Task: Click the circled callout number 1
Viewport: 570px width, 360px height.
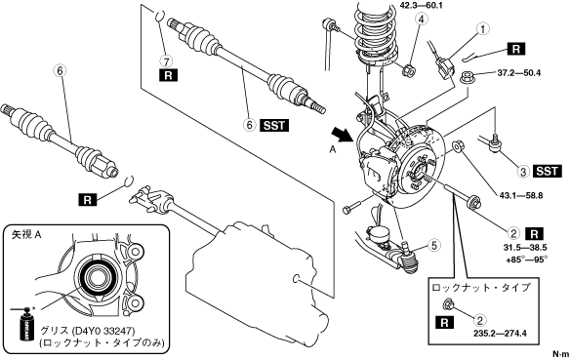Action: [483, 29]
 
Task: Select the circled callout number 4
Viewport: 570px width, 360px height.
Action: [421, 19]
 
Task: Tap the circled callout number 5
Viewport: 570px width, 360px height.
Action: [434, 246]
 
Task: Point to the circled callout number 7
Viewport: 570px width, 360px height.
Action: [168, 61]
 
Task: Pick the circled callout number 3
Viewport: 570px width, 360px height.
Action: [523, 172]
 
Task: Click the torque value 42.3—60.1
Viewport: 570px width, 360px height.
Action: [422, 5]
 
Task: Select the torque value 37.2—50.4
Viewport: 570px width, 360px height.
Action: [518, 73]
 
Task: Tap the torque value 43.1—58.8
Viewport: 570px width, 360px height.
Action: [521, 195]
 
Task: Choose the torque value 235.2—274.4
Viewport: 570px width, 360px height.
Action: [500, 333]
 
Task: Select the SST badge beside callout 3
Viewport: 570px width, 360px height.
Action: [548, 171]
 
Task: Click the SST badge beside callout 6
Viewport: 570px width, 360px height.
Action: [274, 125]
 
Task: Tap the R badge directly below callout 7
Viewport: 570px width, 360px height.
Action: [168, 75]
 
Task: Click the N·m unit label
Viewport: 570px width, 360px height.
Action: [560, 353]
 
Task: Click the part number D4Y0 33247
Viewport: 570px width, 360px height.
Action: [103, 331]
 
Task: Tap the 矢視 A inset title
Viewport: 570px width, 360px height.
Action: [26, 235]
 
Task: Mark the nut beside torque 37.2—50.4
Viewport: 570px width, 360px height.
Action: [466, 77]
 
